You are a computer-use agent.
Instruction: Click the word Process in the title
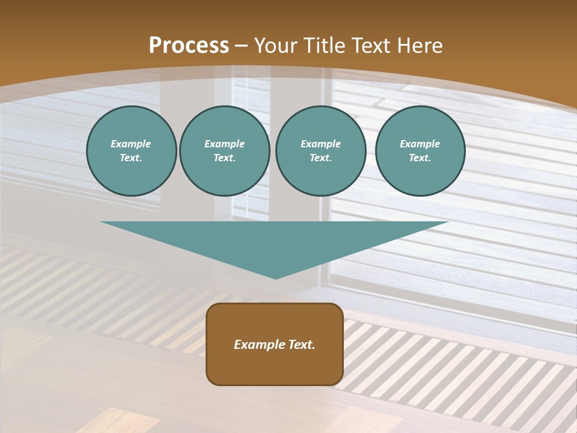(189, 46)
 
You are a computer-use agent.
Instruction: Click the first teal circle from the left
(131, 151)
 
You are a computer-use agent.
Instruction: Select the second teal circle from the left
(225, 151)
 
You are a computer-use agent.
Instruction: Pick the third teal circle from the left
(320, 151)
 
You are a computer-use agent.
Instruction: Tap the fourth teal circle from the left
(420, 151)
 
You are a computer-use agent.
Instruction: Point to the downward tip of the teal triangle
(275, 277)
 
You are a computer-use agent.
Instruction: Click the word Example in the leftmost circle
(131, 144)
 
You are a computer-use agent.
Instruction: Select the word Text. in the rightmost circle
(420, 158)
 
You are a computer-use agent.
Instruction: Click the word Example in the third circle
(320, 144)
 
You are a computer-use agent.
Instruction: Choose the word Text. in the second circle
(225, 158)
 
